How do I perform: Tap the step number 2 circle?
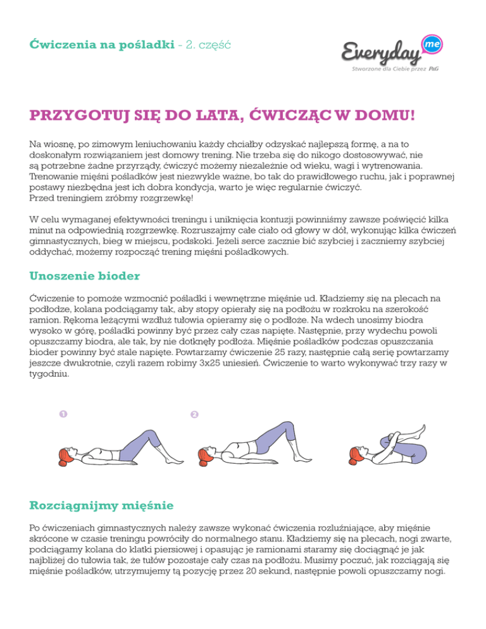tap(194, 415)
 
